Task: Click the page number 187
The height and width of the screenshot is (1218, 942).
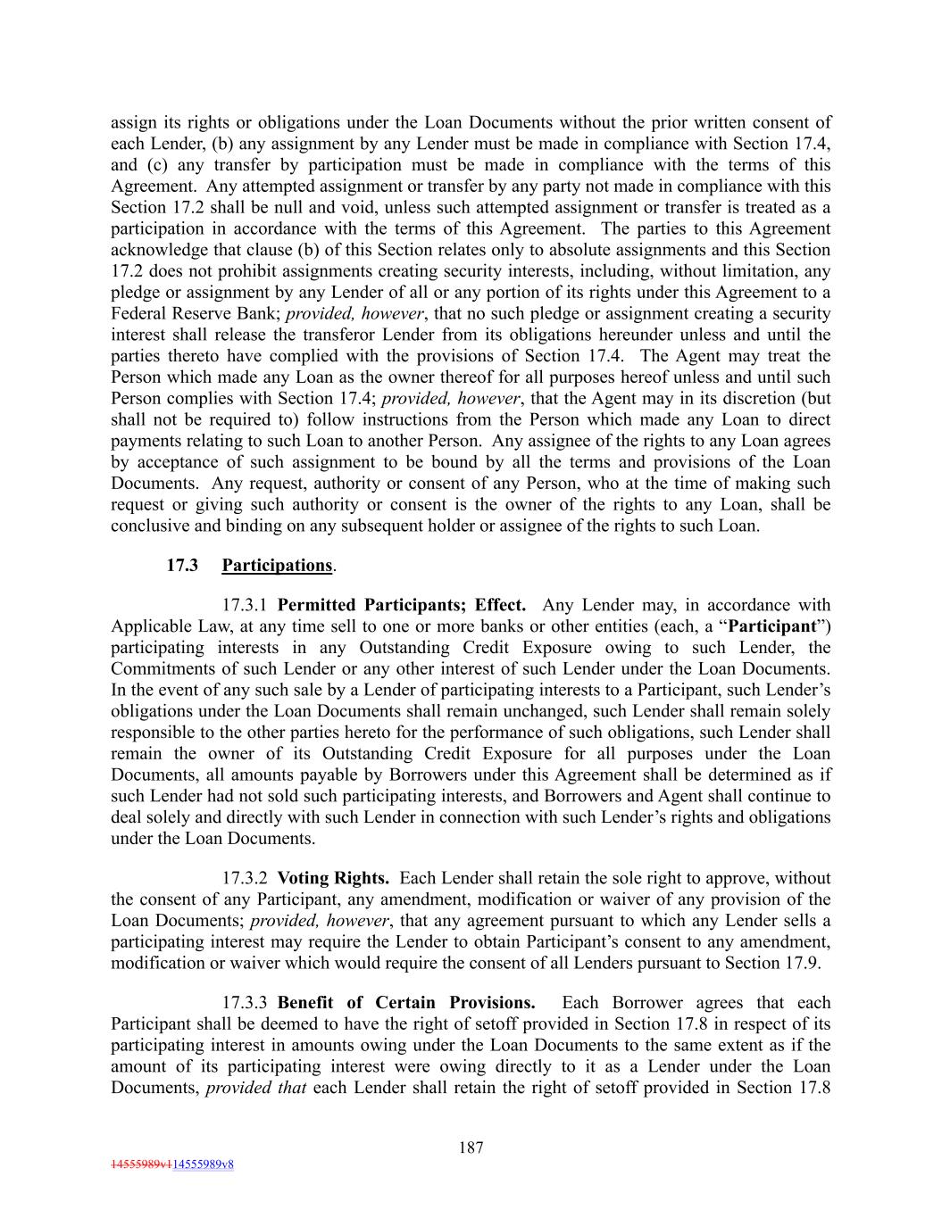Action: [471, 1148]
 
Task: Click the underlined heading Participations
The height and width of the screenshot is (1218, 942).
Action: [277, 565]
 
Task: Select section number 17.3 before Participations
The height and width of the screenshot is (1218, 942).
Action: [182, 565]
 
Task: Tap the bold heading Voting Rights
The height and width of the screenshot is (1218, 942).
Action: [333, 878]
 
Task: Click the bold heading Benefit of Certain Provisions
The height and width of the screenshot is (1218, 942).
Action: [406, 1003]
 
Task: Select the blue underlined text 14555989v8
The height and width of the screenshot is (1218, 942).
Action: [203, 1164]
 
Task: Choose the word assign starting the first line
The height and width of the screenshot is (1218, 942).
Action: [132, 123]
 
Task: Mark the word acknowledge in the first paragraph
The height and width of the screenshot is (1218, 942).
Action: [155, 251]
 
